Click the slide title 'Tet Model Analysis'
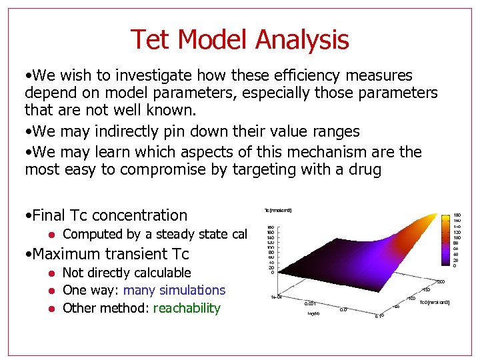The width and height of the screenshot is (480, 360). coord(239,39)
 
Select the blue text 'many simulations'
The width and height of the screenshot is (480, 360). coord(175,290)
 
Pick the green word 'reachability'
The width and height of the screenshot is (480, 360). coord(187,308)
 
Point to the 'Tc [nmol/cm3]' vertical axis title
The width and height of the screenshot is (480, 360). coord(278,211)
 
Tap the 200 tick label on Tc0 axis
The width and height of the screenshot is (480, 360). coord(441,281)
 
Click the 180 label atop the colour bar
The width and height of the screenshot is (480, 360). coord(457,215)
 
